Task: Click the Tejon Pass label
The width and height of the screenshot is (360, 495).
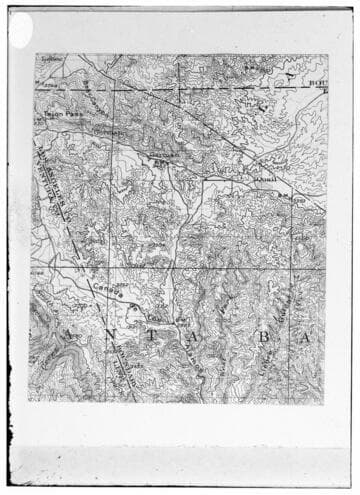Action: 59,116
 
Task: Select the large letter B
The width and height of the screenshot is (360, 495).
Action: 263,340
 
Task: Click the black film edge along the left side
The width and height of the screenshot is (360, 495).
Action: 4,250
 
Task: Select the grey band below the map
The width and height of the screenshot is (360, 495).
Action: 180,465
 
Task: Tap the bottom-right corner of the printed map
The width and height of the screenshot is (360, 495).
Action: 325,402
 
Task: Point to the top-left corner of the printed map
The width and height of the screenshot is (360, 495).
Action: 36,54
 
